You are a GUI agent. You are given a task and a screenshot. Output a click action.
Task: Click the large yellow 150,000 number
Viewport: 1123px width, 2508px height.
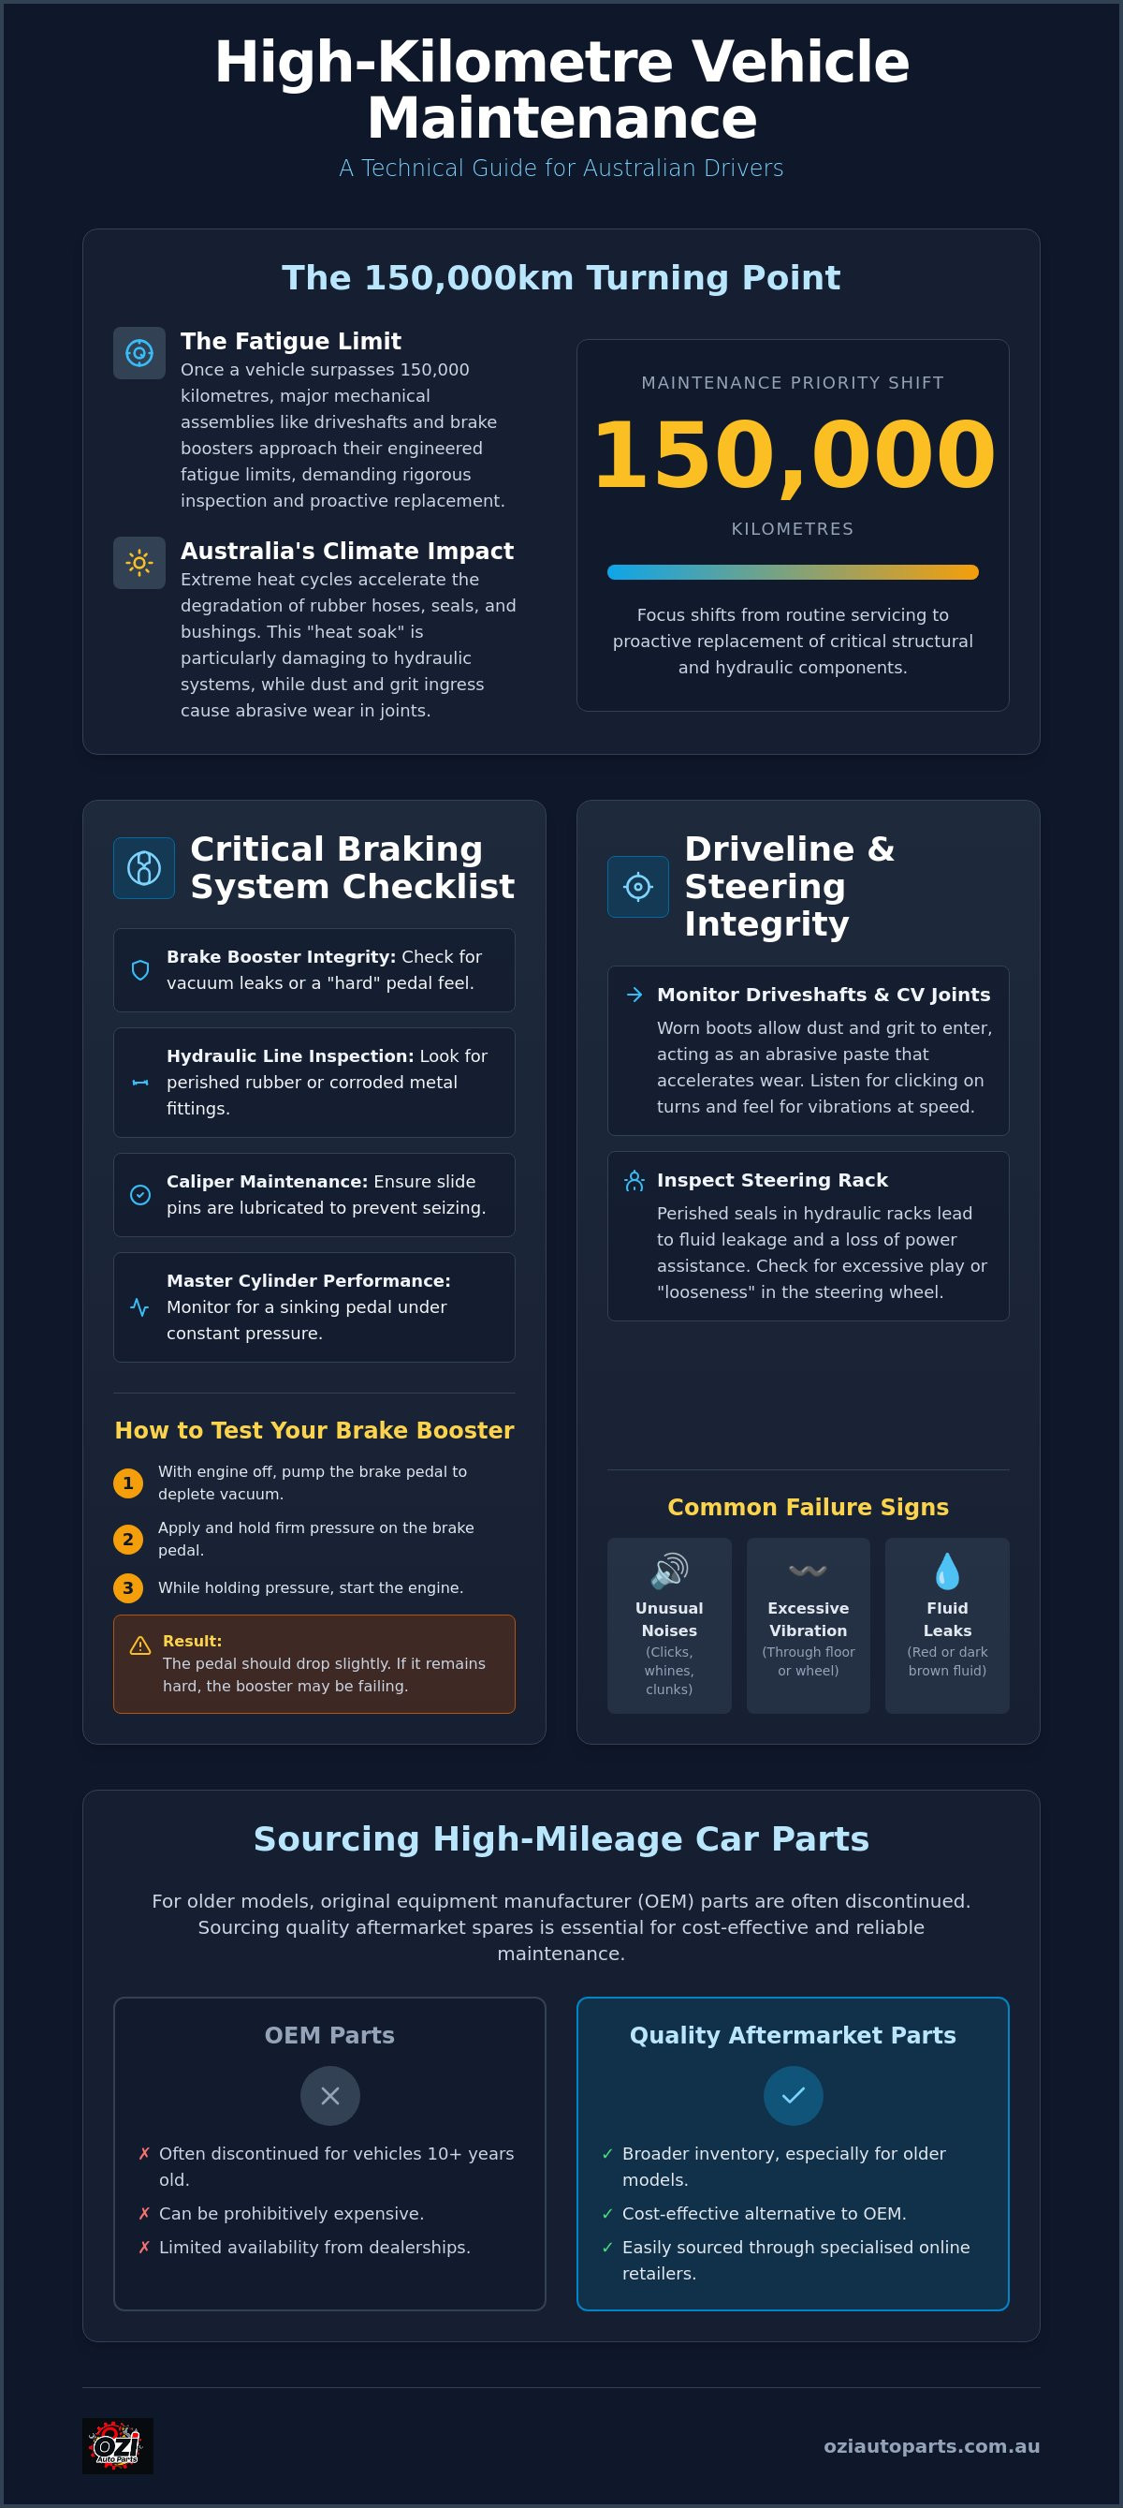[793, 454]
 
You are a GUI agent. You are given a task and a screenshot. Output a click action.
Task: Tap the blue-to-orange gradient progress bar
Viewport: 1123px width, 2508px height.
[792, 572]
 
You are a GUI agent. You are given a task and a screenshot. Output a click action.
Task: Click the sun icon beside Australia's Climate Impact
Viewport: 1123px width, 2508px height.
[139, 563]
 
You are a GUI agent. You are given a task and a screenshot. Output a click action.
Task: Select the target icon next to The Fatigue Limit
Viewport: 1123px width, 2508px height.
[139, 353]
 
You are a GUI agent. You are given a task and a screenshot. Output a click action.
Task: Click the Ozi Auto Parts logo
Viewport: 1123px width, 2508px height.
[118, 2445]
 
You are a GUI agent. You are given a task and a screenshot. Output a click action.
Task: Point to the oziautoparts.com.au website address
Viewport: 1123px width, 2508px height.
[931, 2445]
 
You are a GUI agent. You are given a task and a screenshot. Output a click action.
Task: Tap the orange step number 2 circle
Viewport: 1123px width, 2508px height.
[127, 1540]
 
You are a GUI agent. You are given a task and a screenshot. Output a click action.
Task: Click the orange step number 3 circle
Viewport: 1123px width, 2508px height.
[127, 1588]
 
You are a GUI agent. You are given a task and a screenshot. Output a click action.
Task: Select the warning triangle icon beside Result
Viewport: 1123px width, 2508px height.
[140, 1645]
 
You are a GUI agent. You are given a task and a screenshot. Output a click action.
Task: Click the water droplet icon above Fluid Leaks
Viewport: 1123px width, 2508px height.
[947, 1571]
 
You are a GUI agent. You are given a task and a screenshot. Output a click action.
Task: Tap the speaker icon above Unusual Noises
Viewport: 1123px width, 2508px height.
[669, 1571]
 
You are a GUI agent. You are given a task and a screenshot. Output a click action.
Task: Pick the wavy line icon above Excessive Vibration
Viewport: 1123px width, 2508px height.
[808, 1571]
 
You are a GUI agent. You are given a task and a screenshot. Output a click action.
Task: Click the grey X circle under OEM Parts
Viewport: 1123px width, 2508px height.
[330, 2095]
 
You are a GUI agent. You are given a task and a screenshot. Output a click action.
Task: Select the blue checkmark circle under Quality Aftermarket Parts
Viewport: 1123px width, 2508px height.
[793, 2095]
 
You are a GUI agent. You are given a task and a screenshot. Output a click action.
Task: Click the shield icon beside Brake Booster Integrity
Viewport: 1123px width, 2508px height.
[140, 969]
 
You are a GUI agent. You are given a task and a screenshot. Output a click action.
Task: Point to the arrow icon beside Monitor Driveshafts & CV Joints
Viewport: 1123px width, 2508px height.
[634, 994]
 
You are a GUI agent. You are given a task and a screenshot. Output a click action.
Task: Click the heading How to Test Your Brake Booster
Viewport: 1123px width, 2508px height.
[314, 1430]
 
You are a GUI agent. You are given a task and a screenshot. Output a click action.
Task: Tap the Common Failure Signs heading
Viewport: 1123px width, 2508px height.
[808, 1507]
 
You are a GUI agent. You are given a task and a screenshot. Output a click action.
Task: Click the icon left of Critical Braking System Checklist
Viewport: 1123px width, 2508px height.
[144, 867]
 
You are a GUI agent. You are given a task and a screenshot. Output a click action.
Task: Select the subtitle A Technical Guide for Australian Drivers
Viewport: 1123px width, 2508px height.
[561, 169]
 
